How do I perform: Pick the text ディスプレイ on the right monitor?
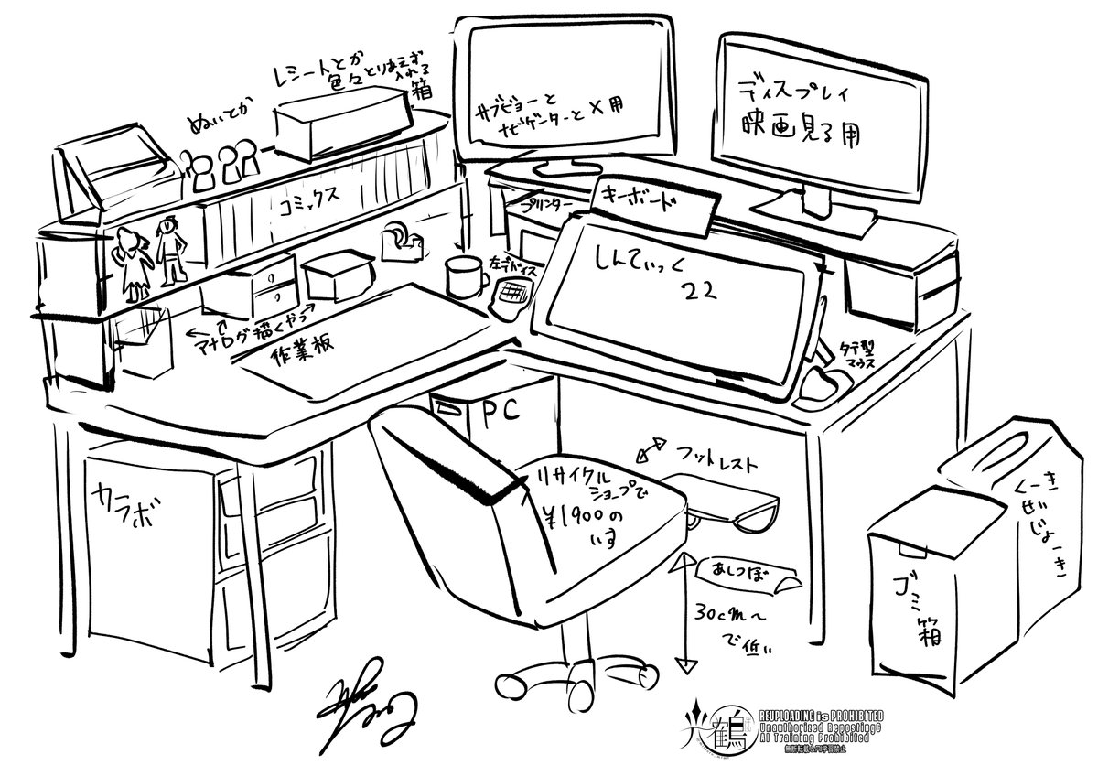(795, 92)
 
